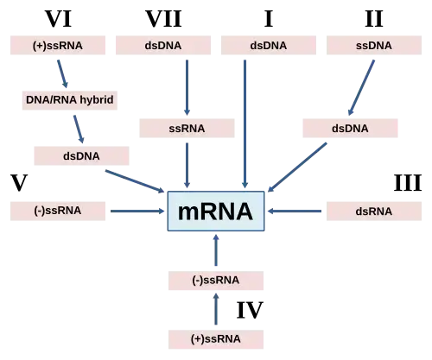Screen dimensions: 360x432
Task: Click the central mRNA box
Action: (x=215, y=212)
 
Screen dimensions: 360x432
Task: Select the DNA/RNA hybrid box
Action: (x=68, y=100)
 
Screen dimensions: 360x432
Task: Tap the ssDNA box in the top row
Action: (x=373, y=45)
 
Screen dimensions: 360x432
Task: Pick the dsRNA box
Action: (x=373, y=211)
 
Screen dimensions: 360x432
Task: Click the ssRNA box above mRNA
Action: (x=186, y=128)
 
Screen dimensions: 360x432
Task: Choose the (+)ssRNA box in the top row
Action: (x=57, y=45)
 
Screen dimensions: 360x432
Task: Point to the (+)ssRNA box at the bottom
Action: (x=216, y=338)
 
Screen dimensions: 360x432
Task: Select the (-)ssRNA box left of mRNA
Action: (x=58, y=210)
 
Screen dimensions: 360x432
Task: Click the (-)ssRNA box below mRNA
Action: (x=216, y=281)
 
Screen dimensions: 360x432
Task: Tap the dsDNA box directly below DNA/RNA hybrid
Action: (x=79, y=155)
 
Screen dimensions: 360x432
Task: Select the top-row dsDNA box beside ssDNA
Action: (x=268, y=45)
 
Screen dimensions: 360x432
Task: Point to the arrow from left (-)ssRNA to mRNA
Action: (x=138, y=210)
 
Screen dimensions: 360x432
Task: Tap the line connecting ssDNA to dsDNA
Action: (x=363, y=86)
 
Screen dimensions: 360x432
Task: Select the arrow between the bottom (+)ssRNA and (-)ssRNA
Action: (x=216, y=310)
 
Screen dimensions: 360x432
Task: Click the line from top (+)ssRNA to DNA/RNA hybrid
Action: (x=61, y=73)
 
